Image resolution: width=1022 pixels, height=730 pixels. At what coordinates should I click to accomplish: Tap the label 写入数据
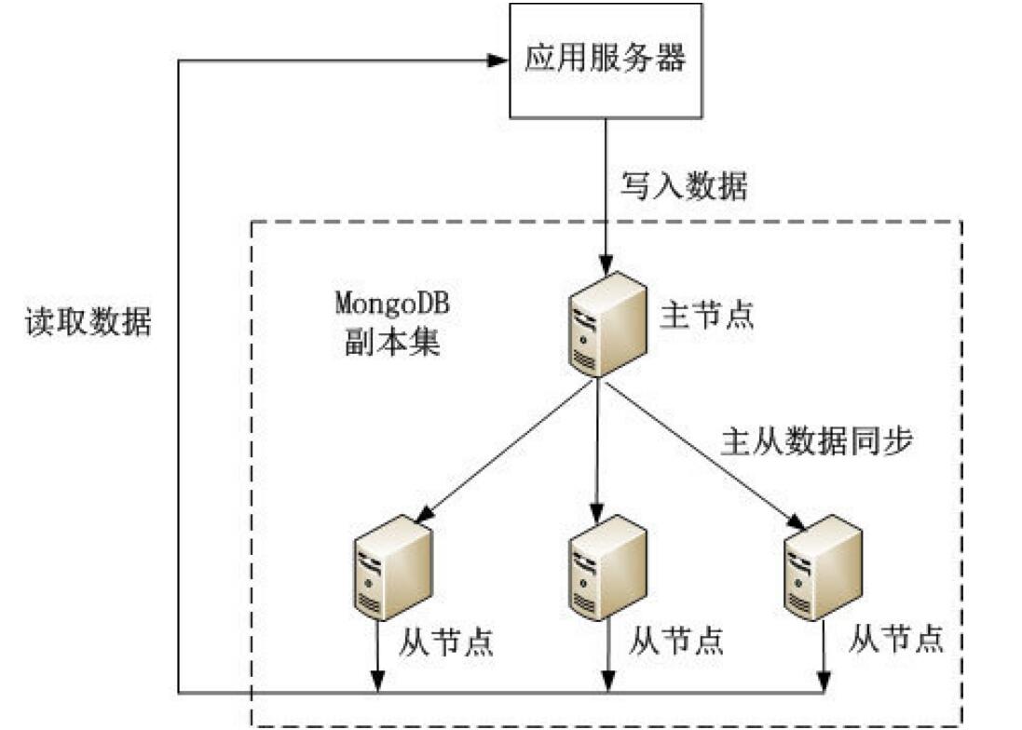(x=684, y=186)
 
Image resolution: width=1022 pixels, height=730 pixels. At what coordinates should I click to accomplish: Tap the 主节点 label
(x=705, y=314)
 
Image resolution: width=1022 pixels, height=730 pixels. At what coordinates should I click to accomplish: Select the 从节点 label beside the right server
(x=896, y=639)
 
